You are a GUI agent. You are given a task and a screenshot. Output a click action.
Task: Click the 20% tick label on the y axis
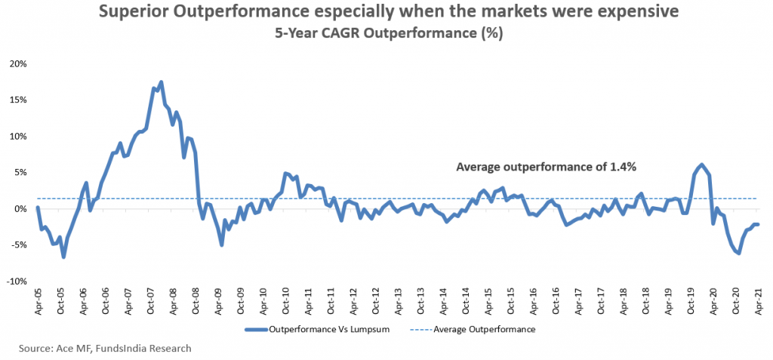[x=17, y=63]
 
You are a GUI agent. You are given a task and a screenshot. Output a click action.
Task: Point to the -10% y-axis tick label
[x=16, y=281]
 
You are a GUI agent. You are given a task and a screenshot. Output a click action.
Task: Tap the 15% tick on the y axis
[x=17, y=100]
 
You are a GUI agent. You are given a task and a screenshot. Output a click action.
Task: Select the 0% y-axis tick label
[x=20, y=208]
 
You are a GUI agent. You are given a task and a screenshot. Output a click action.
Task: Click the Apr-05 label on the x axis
[x=37, y=300]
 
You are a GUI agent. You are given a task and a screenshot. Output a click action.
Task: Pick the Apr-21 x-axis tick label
[x=758, y=300]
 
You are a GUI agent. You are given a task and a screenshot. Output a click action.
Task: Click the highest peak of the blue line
[x=161, y=82]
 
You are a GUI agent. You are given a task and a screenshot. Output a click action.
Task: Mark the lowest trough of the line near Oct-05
[x=64, y=257]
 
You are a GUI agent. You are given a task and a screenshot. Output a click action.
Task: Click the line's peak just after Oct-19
[x=702, y=165]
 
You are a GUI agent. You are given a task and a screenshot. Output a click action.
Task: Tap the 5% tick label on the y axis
[x=20, y=172]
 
